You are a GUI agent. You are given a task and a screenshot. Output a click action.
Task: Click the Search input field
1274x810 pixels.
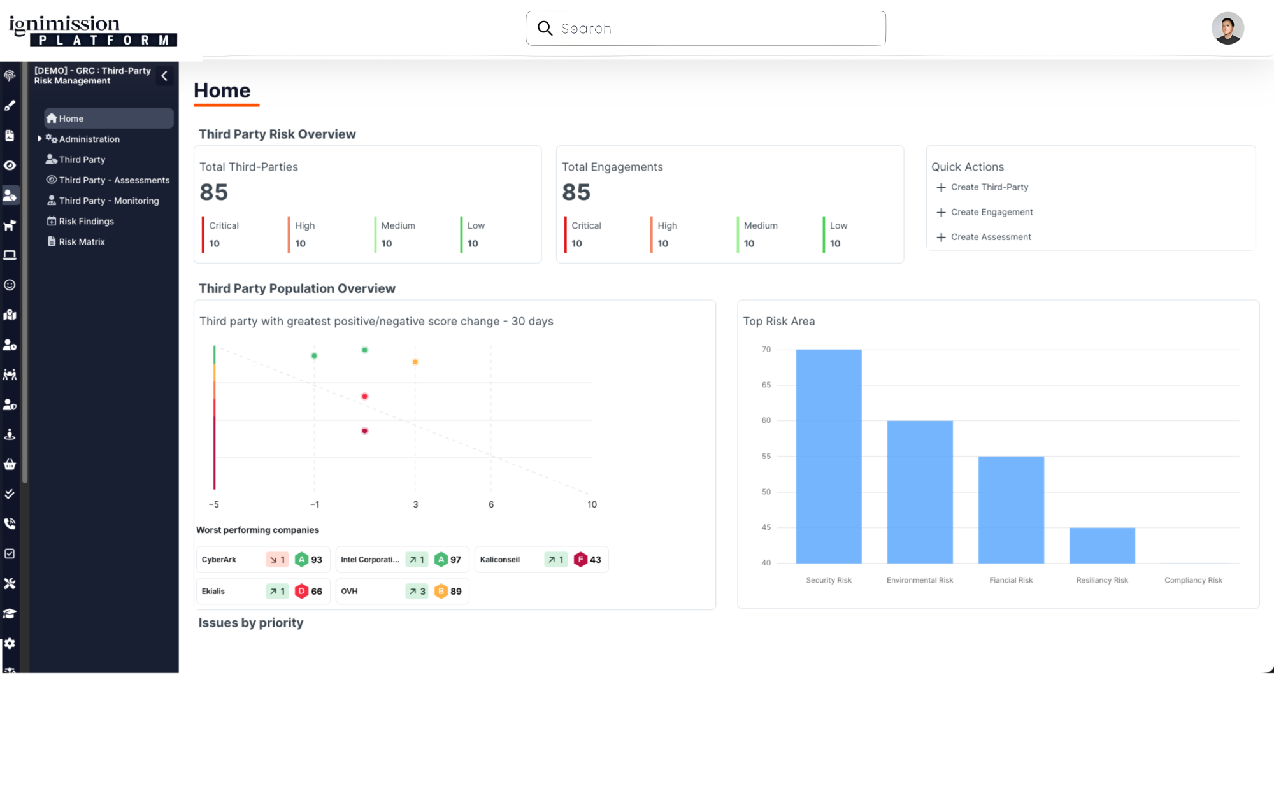coord(713,29)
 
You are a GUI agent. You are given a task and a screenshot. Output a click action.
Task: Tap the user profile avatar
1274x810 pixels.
coord(1227,29)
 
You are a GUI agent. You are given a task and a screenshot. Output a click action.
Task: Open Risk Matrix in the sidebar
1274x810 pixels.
coord(82,242)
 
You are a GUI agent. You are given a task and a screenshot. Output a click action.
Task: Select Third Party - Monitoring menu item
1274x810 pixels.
coord(108,201)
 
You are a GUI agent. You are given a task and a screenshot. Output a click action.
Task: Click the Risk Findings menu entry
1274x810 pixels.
coord(86,222)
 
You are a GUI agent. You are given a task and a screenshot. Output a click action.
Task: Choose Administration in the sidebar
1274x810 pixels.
coord(89,139)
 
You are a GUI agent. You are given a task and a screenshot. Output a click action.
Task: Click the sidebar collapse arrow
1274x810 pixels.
coord(164,76)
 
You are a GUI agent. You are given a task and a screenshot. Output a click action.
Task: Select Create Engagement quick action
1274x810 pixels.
coord(991,213)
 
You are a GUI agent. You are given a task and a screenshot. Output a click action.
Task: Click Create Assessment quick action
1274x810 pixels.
coord(991,238)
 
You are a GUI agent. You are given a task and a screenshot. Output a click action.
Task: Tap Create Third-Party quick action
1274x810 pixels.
coord(989,187)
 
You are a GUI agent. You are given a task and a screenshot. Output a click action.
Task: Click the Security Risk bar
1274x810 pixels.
coord(829,456)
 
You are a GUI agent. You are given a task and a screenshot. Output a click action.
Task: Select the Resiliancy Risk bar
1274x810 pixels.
coord(1102,545)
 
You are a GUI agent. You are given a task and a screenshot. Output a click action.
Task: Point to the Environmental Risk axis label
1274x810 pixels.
coord(920,580)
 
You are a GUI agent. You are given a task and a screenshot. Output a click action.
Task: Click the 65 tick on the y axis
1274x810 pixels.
coord(766,385)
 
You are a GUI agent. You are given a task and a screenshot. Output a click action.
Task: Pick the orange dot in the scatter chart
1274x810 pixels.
coord(415,362)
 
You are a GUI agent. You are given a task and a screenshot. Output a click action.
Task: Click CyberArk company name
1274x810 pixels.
coord(219,560)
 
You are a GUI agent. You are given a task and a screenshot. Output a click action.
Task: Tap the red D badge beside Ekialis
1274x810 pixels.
coord(301,592)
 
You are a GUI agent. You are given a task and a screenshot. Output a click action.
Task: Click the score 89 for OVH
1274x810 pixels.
coord(456,592)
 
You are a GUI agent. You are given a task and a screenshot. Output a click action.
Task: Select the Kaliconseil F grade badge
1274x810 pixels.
coord(580,560)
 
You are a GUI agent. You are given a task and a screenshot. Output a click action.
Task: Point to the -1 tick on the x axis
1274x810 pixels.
coord(315,504)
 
